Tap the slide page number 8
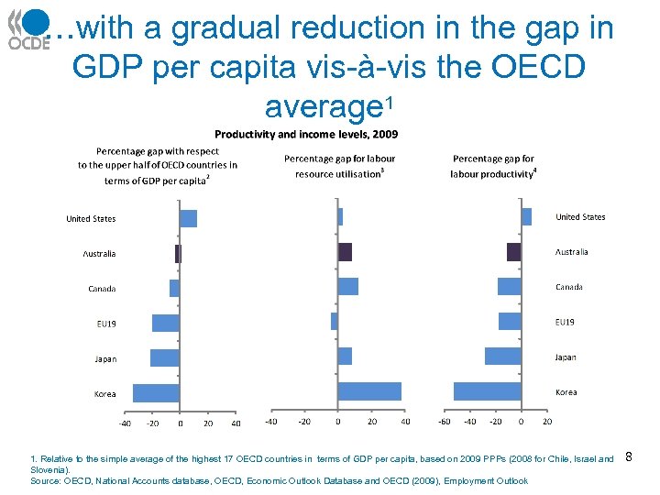[x=629, y=456]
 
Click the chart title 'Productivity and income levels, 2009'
[x=306, y=134]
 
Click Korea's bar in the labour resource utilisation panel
[x=369, y=391]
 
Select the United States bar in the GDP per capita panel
[x=188, y=218]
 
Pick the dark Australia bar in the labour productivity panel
[x=513, y=252]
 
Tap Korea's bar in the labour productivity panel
[x=487, y=391]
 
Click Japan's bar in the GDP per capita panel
[x=165, y=357]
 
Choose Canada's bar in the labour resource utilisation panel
[x=347, y=287]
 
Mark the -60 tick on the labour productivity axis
[x=445, y=422]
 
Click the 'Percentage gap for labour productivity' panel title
[x=493, y=166]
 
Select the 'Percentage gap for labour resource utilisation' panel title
[x=339, y=166]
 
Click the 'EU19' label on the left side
[x=106, y=324]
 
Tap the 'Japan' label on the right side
[x=566, y=357]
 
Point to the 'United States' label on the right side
[x=580, y=217]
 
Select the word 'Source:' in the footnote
[x=47, y=480]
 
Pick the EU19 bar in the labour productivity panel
[x=510, y=322]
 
